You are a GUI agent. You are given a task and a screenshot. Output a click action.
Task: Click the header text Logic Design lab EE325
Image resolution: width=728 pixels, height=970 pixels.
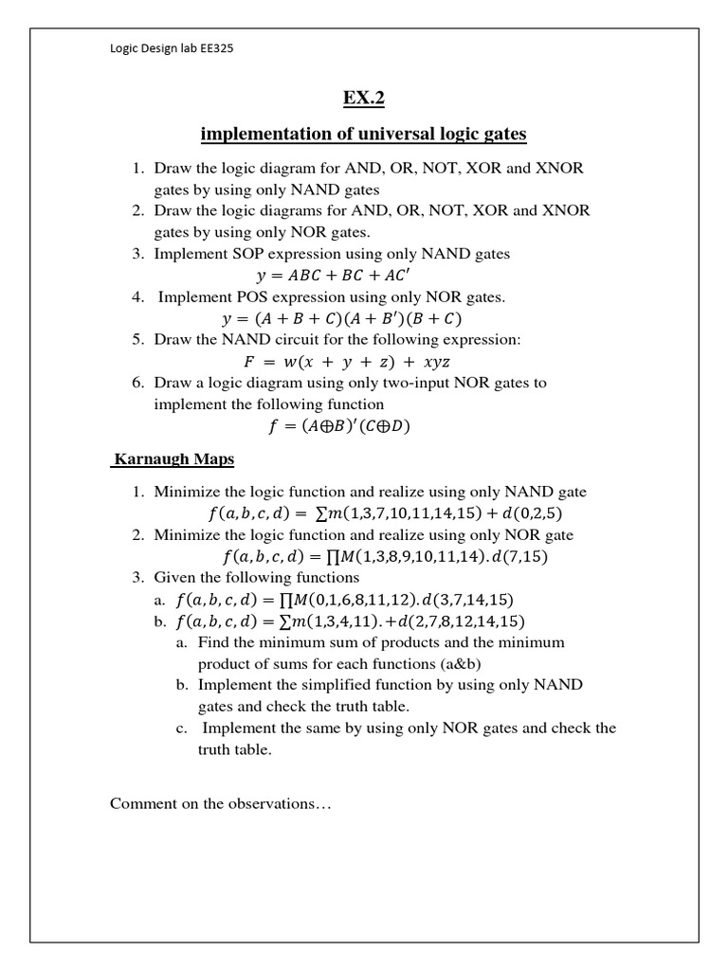click(172, 49)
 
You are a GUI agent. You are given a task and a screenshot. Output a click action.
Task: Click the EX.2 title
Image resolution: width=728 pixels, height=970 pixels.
click(364, 99)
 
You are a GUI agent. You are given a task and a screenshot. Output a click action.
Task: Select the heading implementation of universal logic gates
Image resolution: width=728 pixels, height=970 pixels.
click(364, 134)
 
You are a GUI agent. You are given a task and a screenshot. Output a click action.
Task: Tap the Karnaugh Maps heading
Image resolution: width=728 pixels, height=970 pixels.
click(173, 459)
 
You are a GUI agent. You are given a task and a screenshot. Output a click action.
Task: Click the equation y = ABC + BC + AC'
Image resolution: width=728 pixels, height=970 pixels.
click(337, 276)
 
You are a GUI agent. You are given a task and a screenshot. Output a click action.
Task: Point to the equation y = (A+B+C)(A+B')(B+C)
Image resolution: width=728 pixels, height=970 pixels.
click(340, 318)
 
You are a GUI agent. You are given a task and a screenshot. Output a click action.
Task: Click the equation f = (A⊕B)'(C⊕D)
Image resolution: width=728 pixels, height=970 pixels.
click(338, 426)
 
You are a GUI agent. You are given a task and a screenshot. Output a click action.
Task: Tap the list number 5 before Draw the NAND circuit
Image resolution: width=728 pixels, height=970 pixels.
click(137, 340)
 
